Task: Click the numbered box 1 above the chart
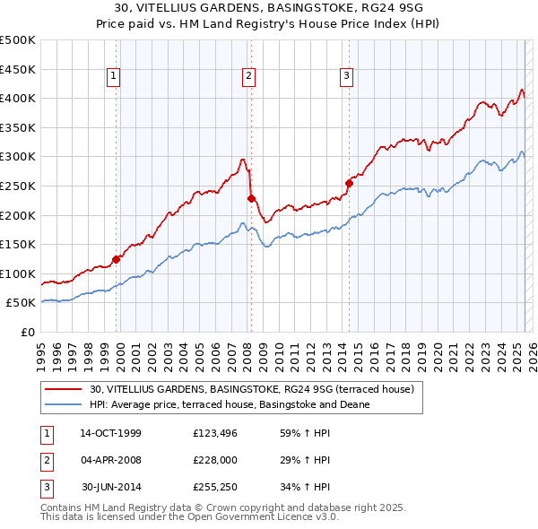point(115,77)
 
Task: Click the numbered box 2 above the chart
point(247,77)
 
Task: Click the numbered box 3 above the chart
point(346,77)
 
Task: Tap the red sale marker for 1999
point(117,260)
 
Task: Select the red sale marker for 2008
point(252,198)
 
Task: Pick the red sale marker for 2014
point(349,183)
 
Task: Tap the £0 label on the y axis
point(29,332)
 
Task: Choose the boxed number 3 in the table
point(46,488)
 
